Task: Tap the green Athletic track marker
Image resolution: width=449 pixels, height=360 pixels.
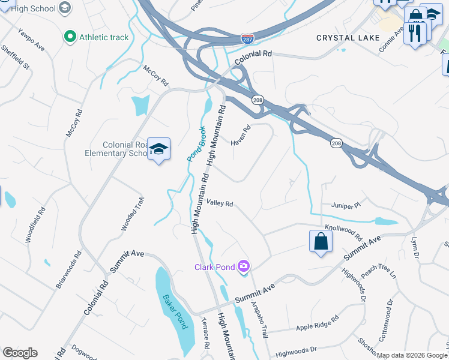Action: tap(70, 37)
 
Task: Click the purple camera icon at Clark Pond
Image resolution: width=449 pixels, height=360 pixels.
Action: tap(243, 266)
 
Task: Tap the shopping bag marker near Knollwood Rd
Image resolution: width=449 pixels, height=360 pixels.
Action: tap(321, 241)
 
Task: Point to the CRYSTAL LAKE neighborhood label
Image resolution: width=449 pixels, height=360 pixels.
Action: tap(348, 38)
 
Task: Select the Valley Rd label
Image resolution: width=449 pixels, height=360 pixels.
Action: tap(220, 203)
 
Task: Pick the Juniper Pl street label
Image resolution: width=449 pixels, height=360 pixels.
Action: tap(345, 205)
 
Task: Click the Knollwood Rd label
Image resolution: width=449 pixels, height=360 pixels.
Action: tap(343, 232)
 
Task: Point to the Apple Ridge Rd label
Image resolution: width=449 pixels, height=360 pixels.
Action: tap(318, 323)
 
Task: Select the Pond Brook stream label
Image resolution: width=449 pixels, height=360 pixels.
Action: tap(196, 147)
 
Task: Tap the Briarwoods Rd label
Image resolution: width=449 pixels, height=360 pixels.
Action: tap(68, 269)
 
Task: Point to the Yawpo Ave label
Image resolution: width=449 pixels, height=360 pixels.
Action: tap(31, 39)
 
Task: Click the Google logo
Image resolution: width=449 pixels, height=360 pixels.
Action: tap(20, 353)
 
